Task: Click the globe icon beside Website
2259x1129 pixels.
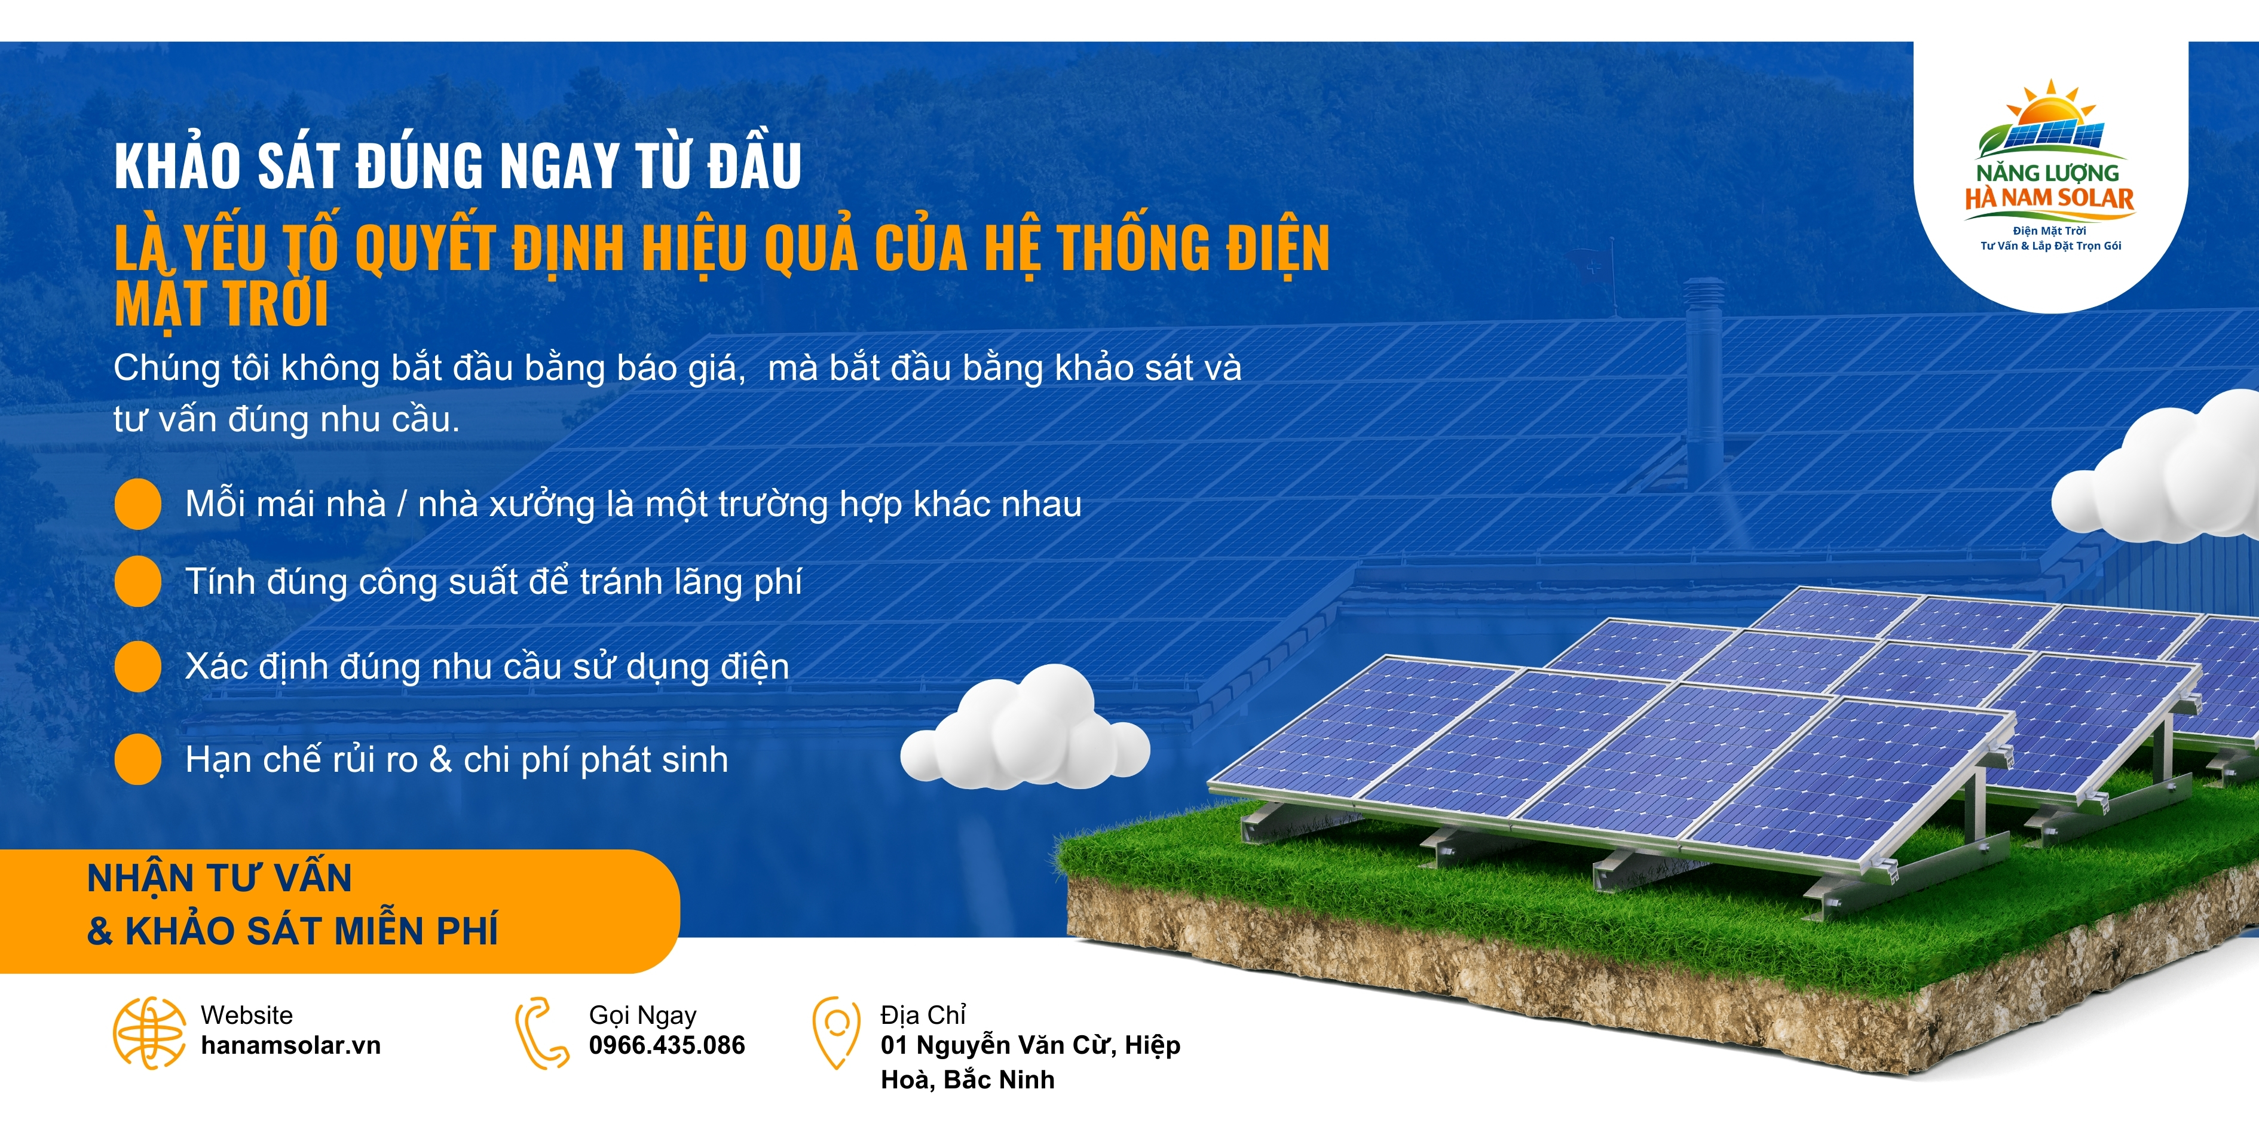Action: (x=149, y=1033)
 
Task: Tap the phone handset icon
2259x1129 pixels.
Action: (x=542, y=1033)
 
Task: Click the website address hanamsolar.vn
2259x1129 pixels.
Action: (x=290, y=1046)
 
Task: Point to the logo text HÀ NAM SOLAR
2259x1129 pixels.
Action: (x=2049, y=198)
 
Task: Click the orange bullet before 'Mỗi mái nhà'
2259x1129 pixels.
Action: (x=137, y=504)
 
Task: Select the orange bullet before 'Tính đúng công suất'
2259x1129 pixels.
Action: (x=137, y=581)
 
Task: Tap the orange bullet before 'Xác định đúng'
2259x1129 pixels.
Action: (x=137, y=666)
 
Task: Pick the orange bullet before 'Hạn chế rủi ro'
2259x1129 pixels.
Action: (x=137, y=759)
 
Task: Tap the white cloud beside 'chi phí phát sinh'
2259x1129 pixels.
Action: (x=1024, y=728)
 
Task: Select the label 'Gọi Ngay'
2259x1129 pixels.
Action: (x=643, y=1015)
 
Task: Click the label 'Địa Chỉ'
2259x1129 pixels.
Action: (x=923, y=1014)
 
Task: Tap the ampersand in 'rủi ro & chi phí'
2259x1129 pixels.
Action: (x=440, y=760)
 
